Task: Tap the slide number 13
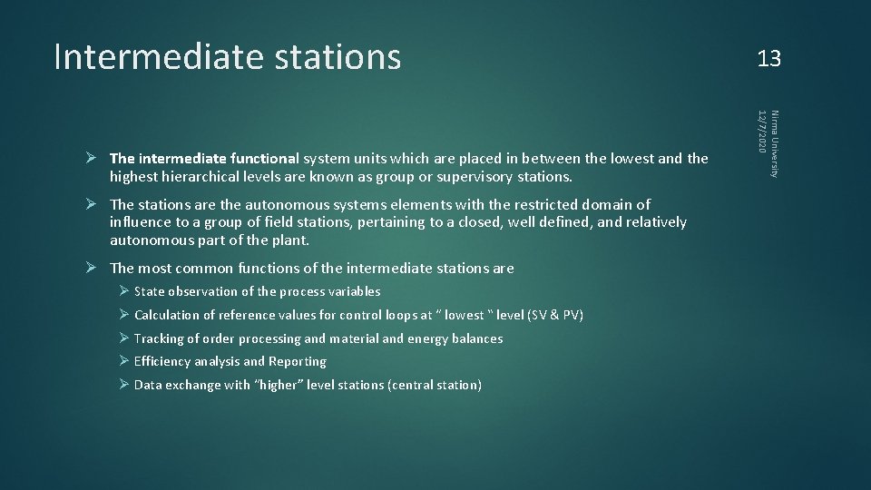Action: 769,59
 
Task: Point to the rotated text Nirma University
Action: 774,143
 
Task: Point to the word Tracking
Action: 158,338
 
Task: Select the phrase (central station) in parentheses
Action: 435,385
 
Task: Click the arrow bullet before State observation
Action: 124,291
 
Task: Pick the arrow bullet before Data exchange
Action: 124,385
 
